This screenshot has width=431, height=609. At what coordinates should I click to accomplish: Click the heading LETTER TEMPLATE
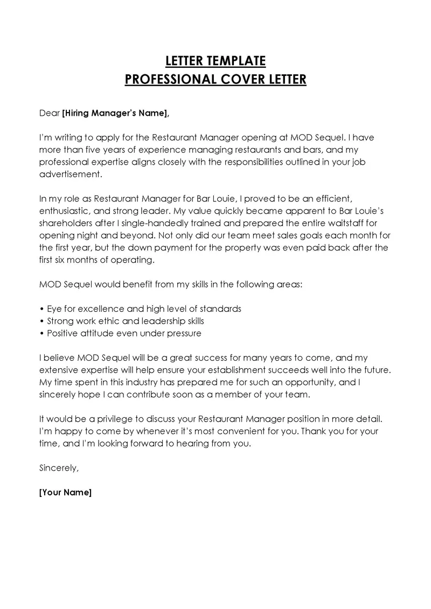[x=215, y=60]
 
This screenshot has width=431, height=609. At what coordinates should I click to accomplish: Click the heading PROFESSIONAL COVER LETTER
[x=215, y=80]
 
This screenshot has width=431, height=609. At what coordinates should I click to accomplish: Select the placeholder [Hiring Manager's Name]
[x=115, y=113]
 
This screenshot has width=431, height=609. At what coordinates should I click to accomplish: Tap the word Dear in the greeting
[x=50, y=113]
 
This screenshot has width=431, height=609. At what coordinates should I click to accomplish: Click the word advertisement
[x=70, y=174]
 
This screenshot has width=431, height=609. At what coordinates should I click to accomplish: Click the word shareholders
[x=65, y=223]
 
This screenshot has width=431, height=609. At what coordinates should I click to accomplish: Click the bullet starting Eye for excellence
[x=141, y=309]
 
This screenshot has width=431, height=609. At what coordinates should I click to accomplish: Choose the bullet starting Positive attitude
[x=121, y=333]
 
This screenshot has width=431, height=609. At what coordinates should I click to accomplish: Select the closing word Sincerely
[x=59, y=467]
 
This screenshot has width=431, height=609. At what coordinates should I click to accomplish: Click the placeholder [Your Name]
[x=66, y=492]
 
